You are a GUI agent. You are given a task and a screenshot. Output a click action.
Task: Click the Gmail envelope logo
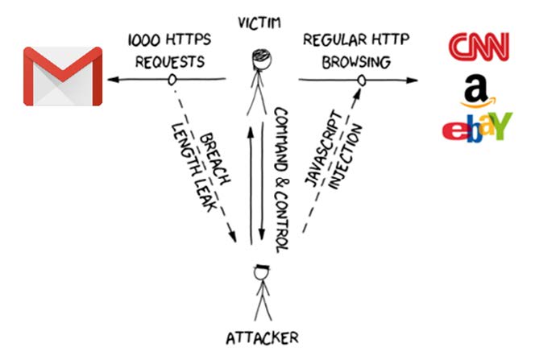point(63,76)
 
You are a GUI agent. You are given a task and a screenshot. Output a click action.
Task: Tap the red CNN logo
point(479,46)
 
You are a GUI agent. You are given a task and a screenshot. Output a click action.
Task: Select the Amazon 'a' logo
point(479,90)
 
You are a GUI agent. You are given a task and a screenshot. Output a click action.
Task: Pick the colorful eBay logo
point(478,127)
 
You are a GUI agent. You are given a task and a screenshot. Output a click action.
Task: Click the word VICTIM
point(259,20)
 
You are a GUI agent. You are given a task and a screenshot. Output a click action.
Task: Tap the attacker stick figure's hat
point(260,266)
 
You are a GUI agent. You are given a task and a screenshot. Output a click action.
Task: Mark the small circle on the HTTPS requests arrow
point(171,79)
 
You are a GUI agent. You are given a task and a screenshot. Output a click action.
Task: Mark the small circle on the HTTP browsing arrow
point(362,79)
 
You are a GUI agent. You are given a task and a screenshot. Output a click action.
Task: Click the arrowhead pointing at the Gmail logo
point(115,79)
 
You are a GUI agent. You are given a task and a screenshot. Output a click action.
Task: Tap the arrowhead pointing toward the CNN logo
point(413,79)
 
